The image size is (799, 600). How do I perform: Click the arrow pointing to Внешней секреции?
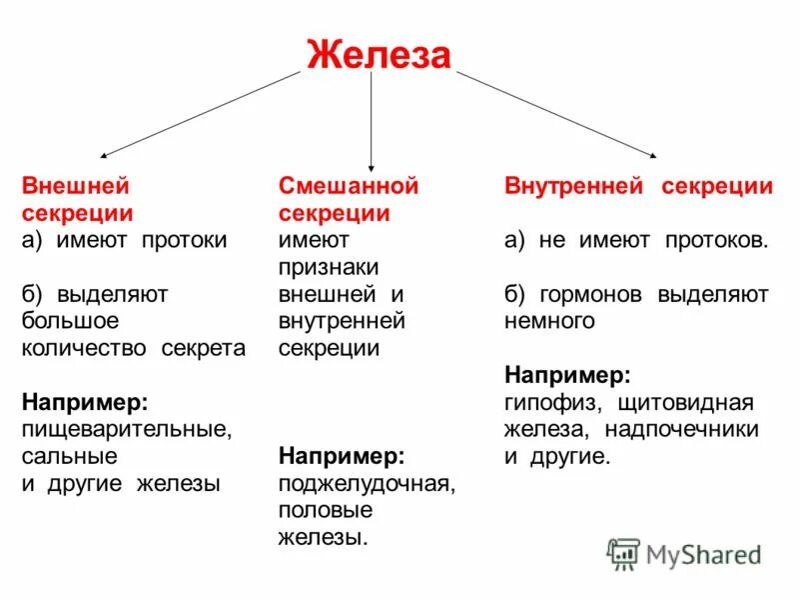200,114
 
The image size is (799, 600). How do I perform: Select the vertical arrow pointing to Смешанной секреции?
372,120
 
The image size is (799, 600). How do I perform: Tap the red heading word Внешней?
76,186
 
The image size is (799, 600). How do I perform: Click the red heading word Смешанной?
348,186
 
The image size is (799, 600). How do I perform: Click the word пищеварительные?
126,429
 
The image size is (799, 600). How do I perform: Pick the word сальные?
69,456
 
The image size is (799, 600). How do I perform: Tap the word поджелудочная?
367,483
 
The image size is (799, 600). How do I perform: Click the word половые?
326,510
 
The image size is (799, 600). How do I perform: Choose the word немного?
549,321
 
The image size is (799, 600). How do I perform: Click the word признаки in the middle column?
330,267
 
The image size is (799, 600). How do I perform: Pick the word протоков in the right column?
720,240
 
